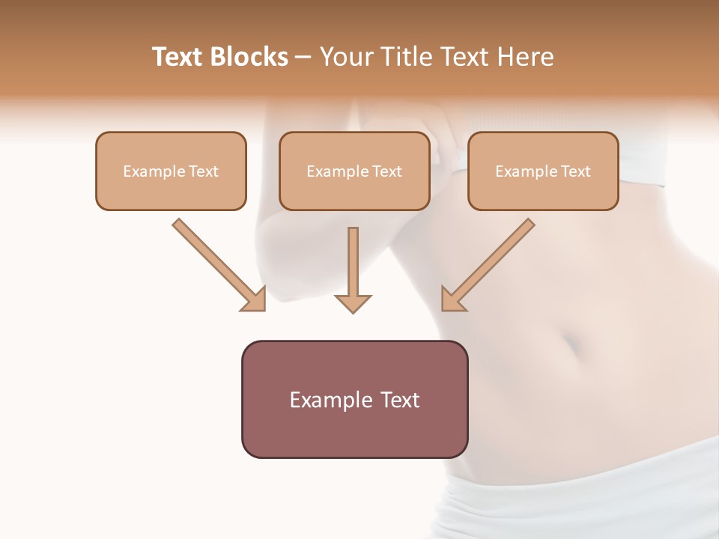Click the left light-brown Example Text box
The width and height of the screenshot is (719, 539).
point(171,171)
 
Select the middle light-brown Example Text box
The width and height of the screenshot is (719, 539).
point(354,171)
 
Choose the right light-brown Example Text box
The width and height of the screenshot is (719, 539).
point(543,171)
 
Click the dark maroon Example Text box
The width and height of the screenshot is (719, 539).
point(354,399)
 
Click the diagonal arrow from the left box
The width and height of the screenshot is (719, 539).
point(217,264)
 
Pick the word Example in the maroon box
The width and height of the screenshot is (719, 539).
point(331,401)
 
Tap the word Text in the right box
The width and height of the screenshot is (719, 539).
point(575,171)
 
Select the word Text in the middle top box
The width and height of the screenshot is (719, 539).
point(386,171)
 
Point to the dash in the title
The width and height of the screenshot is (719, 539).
point(303,57)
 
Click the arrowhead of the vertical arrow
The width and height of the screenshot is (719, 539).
point(353,302)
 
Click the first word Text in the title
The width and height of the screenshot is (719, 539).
point(180,57)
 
